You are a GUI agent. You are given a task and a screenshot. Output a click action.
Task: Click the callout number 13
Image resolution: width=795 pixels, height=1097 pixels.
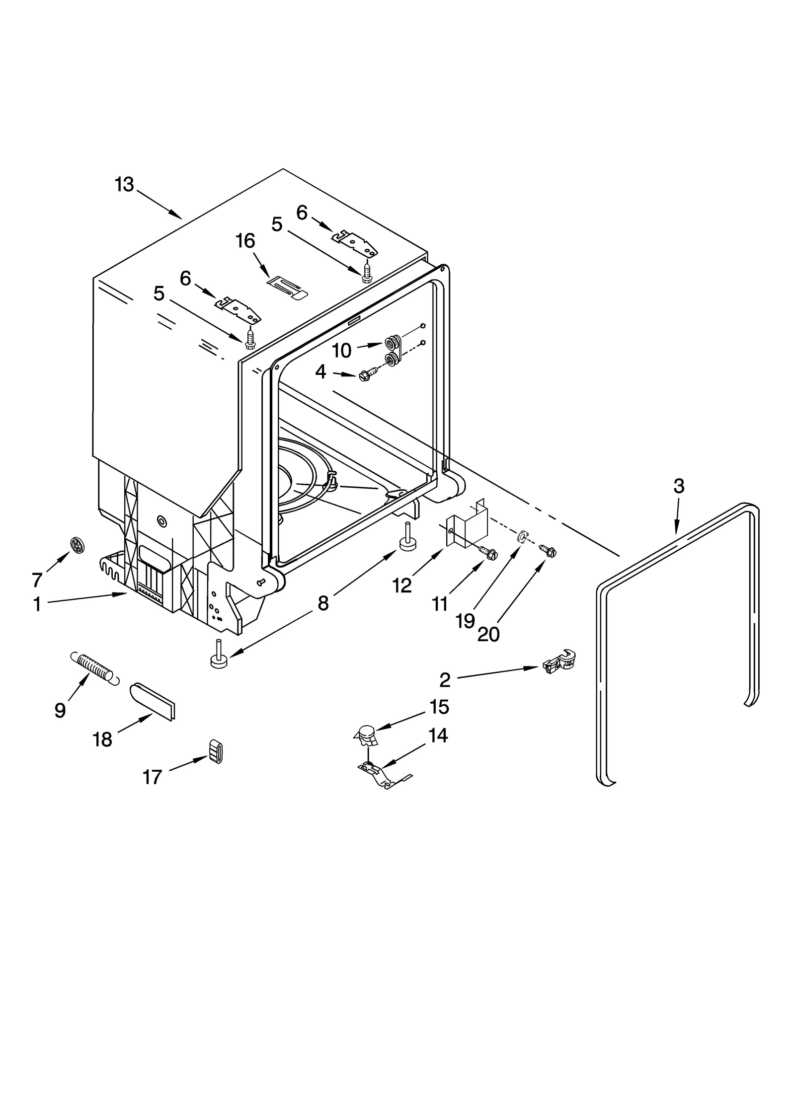tap(124, 185)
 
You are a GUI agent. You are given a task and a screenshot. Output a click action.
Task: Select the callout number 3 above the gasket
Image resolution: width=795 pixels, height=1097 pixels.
tap(679, 486)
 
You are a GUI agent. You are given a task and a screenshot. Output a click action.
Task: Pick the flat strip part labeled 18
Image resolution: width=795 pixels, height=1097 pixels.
tap(154, 700)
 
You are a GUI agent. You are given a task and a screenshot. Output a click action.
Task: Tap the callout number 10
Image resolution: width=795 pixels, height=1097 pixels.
tap(342, 351)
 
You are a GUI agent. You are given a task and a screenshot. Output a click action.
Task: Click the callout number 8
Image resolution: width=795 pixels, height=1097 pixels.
tap(323, 603)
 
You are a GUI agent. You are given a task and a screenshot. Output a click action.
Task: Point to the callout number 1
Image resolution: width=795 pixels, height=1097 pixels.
tap(37, 604)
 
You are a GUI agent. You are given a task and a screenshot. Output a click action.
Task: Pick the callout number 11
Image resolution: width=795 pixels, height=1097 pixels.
tap(440, 604)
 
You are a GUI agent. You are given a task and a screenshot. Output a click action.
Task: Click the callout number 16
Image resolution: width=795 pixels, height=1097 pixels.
tap(245, 241)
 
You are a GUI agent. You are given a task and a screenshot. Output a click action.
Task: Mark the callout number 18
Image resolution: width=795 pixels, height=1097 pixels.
tap(102, 740)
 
